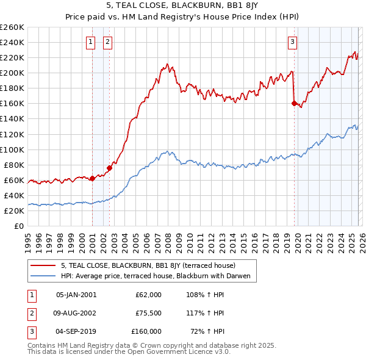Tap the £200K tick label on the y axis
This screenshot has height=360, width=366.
(12, 73)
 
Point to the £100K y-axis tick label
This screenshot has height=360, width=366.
(12, 149)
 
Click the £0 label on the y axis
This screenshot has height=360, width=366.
(19, 226)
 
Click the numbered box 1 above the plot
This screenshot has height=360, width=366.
(90, 42)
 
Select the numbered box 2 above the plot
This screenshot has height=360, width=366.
(107, 42)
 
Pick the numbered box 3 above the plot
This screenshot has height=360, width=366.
(292, 42)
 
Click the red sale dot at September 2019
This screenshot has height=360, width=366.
(294, 104)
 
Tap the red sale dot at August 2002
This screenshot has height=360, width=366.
(110, 168)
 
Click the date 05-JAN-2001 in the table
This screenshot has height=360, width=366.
(76, 295)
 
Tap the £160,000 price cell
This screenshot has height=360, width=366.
(146, 331)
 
